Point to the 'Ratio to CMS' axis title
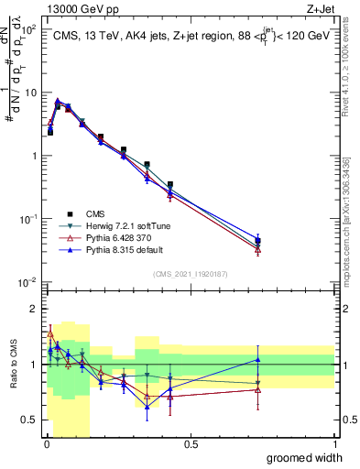[13, 365]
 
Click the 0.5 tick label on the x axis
[190, 444]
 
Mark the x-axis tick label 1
[334, 444]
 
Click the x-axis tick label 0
[45, 444]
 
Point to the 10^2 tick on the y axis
[28, 29]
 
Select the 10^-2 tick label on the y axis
[27, 281]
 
